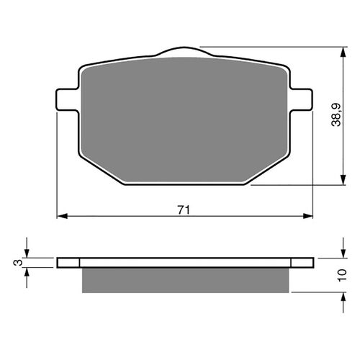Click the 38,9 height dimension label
click(336, 114)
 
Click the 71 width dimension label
click(184, 210)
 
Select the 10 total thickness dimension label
click(342, 275)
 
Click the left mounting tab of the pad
click(67, 99)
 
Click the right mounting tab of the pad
click(302, 99)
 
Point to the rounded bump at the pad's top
click(184, 51)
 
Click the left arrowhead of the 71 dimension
click(63, 216)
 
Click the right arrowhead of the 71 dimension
click(308, 216)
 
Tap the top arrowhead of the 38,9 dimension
click(343, 52)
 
